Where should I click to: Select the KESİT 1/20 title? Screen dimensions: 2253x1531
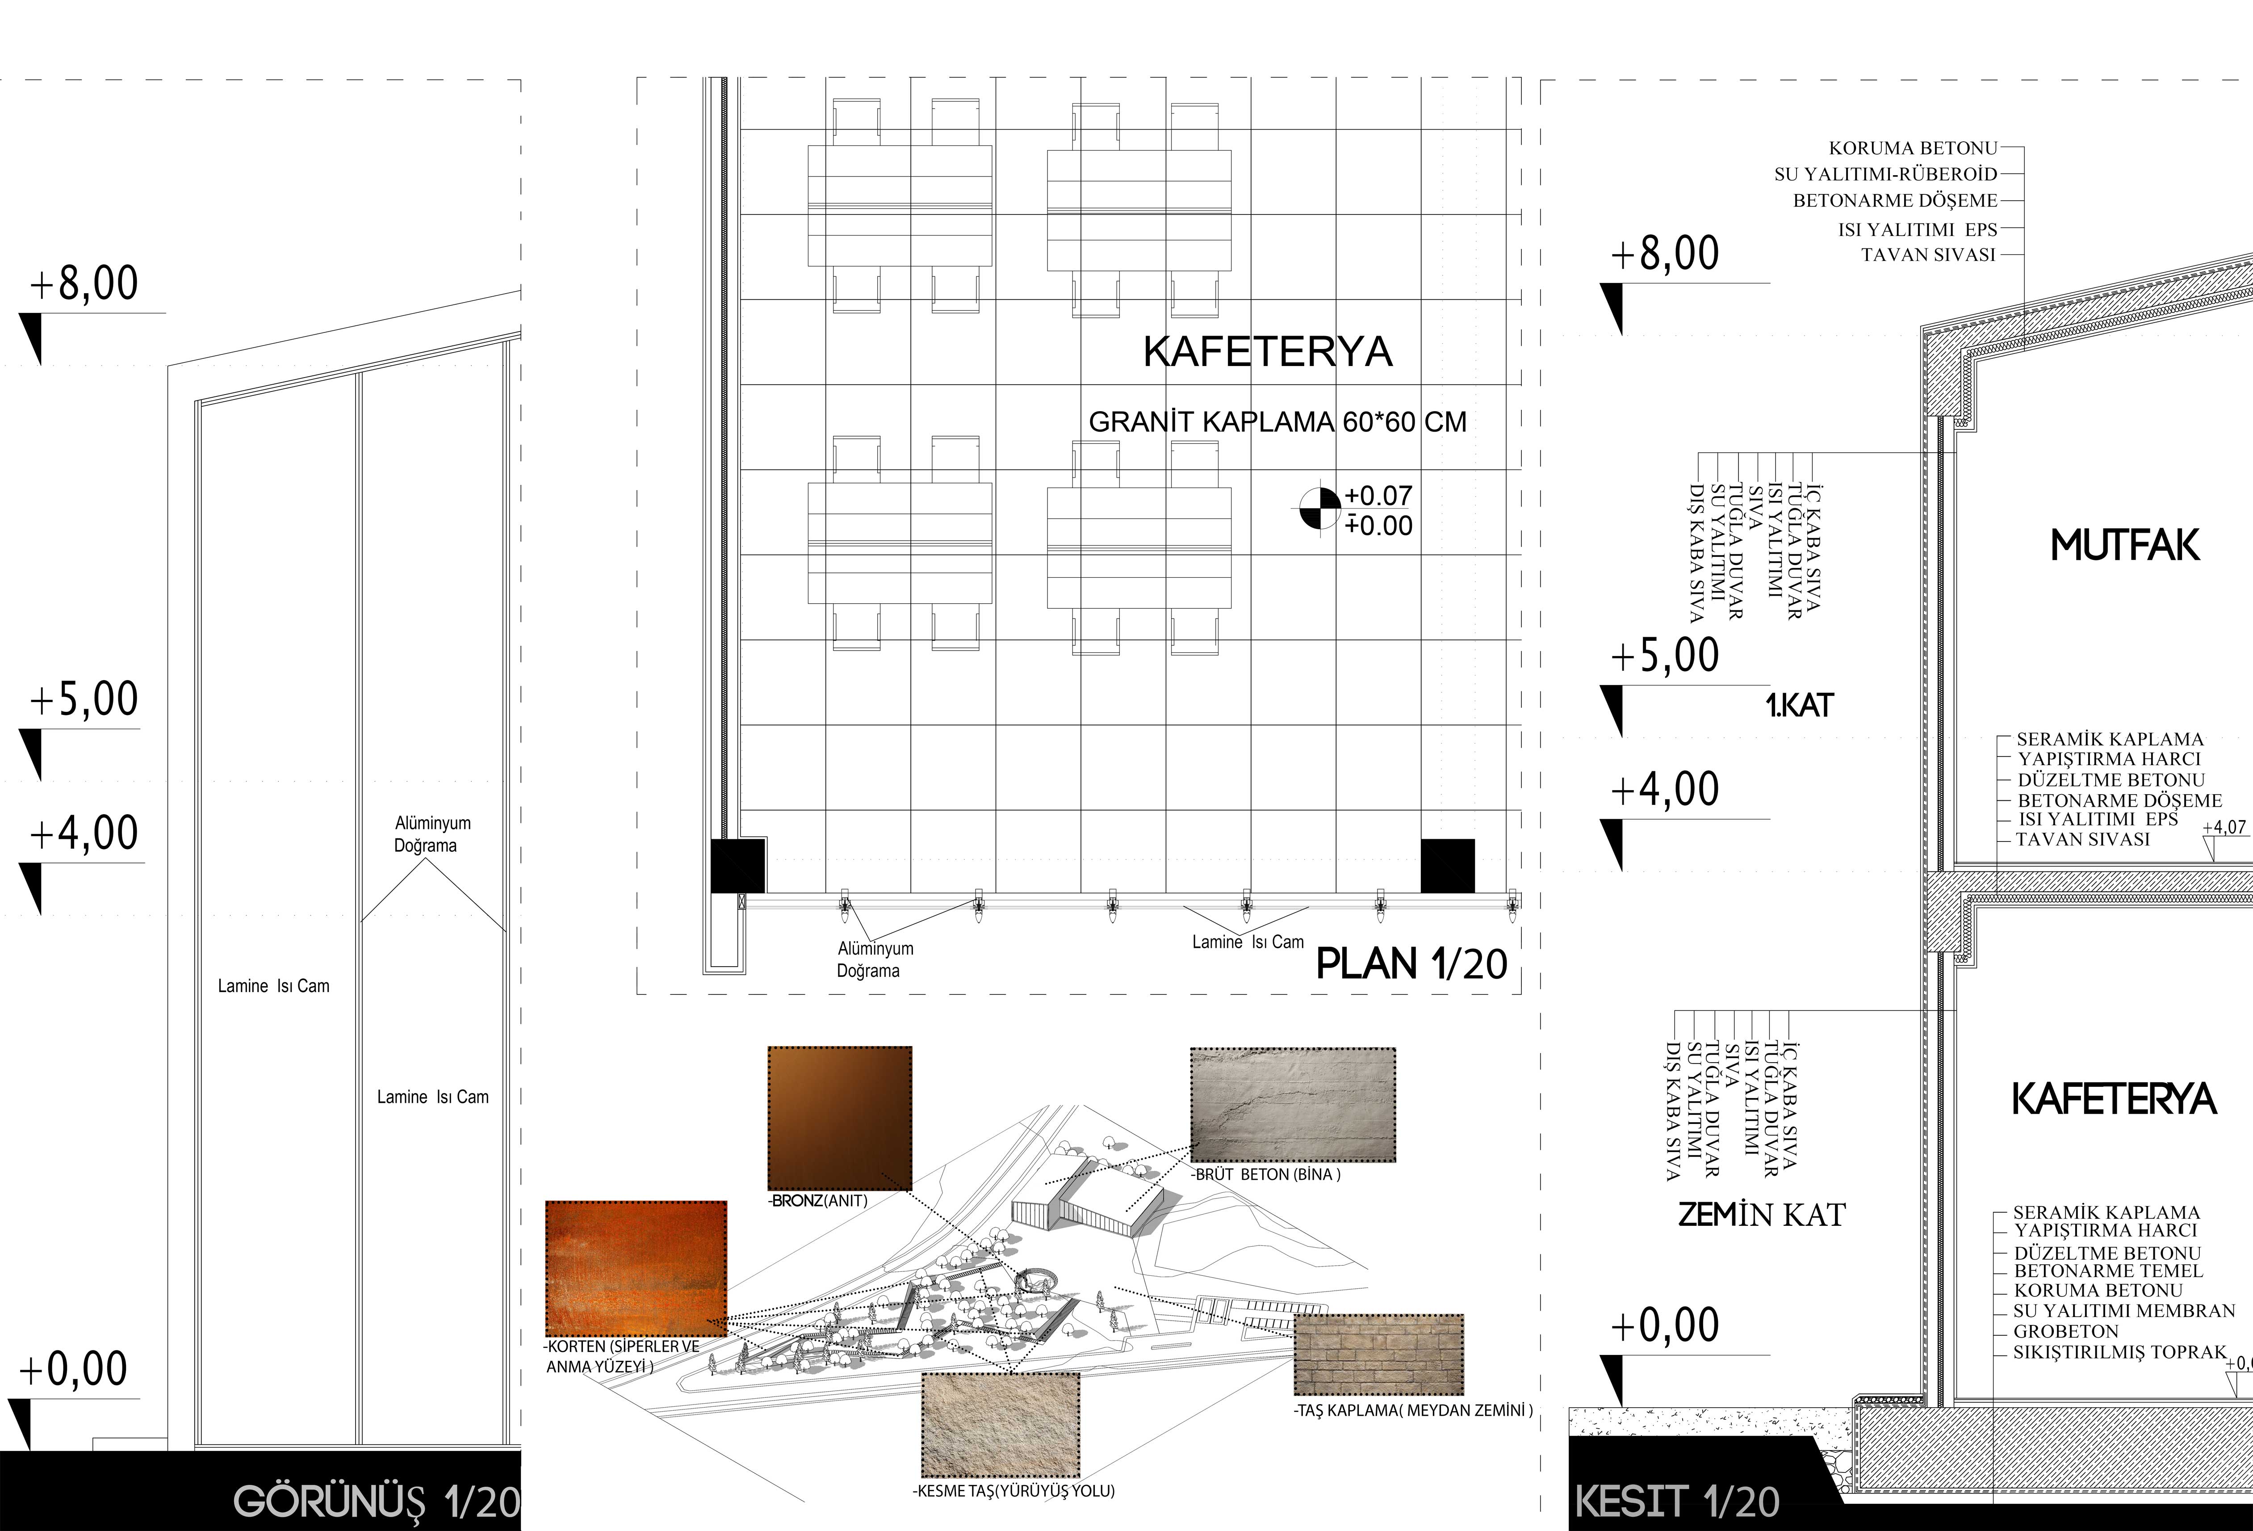tap(1677, 1502)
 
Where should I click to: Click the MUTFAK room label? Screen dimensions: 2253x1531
tap(2125, 546)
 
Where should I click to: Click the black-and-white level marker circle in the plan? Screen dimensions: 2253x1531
tap(1320, 508)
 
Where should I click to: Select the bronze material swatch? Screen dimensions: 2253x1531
tap(840, 1118)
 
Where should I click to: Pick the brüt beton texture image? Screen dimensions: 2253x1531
tap(1293, 1104)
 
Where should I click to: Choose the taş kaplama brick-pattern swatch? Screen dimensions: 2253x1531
tap(1378, 1354)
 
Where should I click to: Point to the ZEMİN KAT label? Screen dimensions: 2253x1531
tap(1762, 1214)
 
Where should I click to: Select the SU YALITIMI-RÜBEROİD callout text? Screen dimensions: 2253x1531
tap(1885, 175)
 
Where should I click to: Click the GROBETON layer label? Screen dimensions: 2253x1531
tap(2066, 1331)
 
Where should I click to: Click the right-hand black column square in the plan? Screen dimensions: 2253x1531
tap(1447, 866)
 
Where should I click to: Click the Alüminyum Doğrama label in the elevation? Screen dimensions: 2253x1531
tap(432, 834)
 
